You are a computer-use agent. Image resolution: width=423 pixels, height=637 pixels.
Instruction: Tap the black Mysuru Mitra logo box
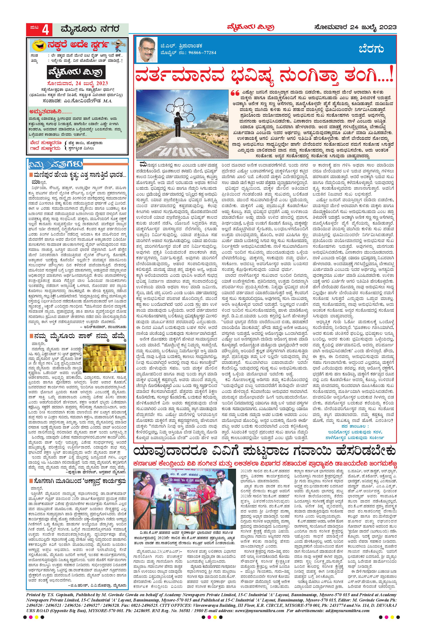tap(77, 73)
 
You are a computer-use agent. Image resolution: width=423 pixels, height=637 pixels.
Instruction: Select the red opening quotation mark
tap(235, 94)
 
